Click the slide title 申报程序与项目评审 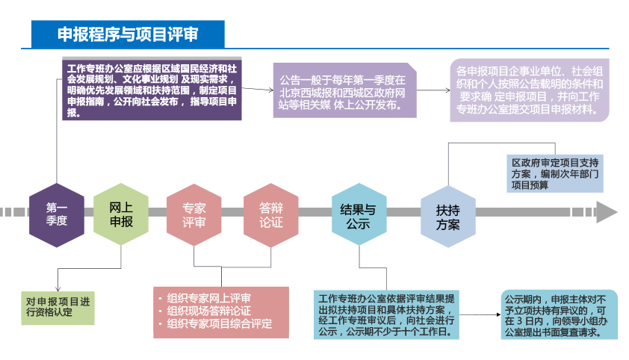(x=127, y=34)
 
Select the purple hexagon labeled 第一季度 (x=57, y=214)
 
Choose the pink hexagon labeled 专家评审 (x=194, y=215)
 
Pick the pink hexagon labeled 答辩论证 (x=270, y=215)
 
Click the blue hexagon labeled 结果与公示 (x=359, y=215)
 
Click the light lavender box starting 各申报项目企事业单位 (x=530, y=90)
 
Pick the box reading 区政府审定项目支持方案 (x=554, y=173)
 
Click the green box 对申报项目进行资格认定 (x=58, y=307)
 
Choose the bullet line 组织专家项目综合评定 (x=219, y=323)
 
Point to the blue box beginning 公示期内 (x=560, y=314)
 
